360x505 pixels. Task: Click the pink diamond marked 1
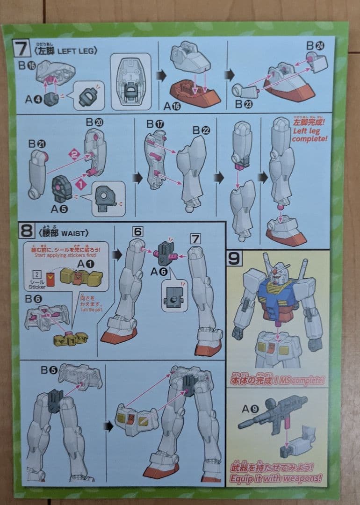80,185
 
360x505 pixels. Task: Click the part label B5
49,370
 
